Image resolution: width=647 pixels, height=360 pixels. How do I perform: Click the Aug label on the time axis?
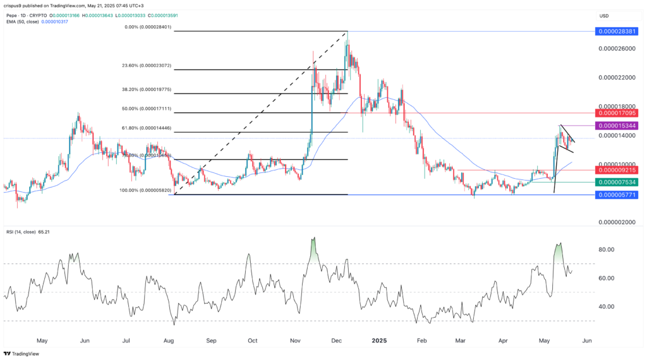coord(169,340)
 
